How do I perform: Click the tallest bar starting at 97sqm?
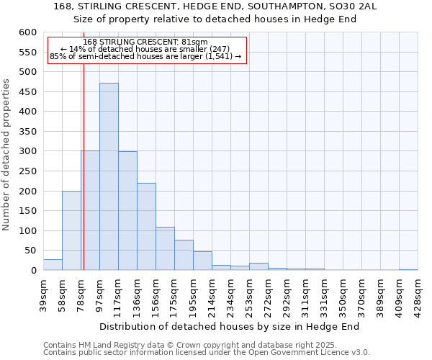tap(109, 176)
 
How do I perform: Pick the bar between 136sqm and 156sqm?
tap(146, 227)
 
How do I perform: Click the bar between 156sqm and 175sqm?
tap(165, 248)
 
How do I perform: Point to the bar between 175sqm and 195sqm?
tap(184, 255)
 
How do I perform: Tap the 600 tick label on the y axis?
tap(27, 32)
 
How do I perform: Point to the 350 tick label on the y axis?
tap(27, 132)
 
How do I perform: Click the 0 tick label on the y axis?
tap(33, 271)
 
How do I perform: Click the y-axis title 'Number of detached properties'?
tap(6, 156)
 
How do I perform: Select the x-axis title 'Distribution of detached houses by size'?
tap(229, 326)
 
